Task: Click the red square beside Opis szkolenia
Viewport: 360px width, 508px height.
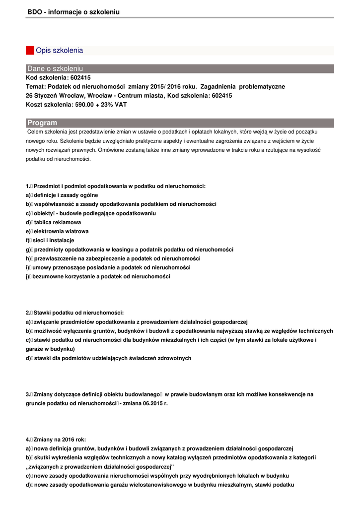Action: coord(30,51)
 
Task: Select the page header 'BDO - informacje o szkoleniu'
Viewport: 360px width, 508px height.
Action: coord(73,12)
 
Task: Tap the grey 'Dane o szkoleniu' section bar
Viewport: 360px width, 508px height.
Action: coord(180,68)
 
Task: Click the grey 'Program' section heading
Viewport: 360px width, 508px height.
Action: coord(180,123)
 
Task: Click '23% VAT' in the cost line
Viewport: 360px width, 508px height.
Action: coord(115,105)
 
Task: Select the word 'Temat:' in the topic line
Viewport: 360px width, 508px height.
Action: coord(36,87)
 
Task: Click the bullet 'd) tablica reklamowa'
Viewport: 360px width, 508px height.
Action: coord(53,222)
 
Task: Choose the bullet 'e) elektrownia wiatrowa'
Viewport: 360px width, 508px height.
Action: coord(57,231)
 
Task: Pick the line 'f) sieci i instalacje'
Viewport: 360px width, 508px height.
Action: coord(50,240)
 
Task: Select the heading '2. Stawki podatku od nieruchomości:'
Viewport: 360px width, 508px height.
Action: coord(74,313)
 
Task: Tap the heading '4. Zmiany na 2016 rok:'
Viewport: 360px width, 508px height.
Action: coord(56,439)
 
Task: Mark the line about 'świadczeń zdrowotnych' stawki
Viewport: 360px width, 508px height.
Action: coord(108,358)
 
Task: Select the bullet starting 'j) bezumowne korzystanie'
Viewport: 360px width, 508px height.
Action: coord(98,276)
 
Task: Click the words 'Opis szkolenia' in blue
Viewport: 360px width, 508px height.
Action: coord(60,51)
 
